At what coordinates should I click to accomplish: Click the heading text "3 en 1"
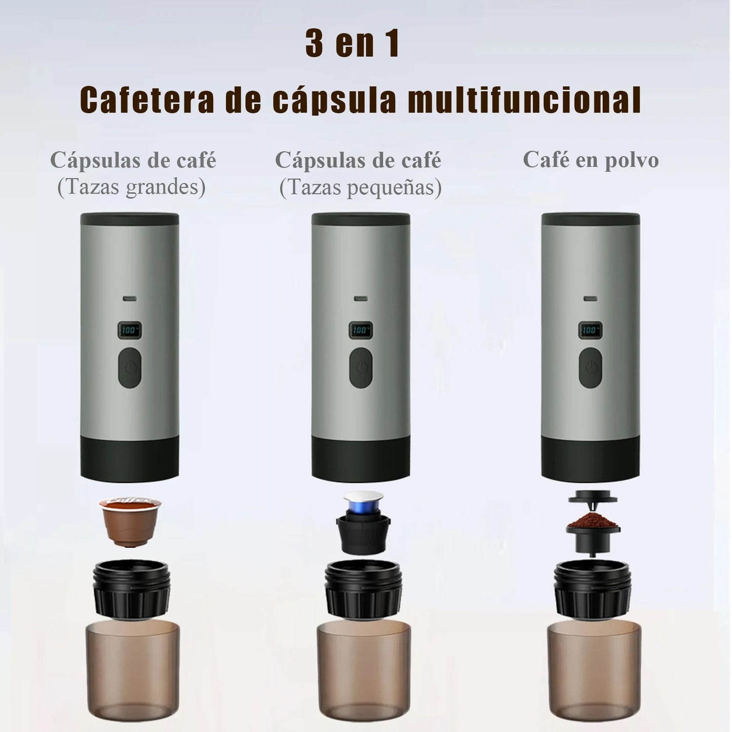coord(353,44)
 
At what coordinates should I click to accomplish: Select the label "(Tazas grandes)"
coord(131,187)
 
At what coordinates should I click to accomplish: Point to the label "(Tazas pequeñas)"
coord(360,187)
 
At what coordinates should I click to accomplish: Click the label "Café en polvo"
coord(591,160)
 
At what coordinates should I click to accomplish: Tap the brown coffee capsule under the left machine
coord(130,522)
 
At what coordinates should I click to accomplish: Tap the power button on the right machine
coord(591,368)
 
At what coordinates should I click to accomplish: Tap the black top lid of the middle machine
coord(361,219)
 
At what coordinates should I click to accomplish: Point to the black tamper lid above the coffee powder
coord(592,498)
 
